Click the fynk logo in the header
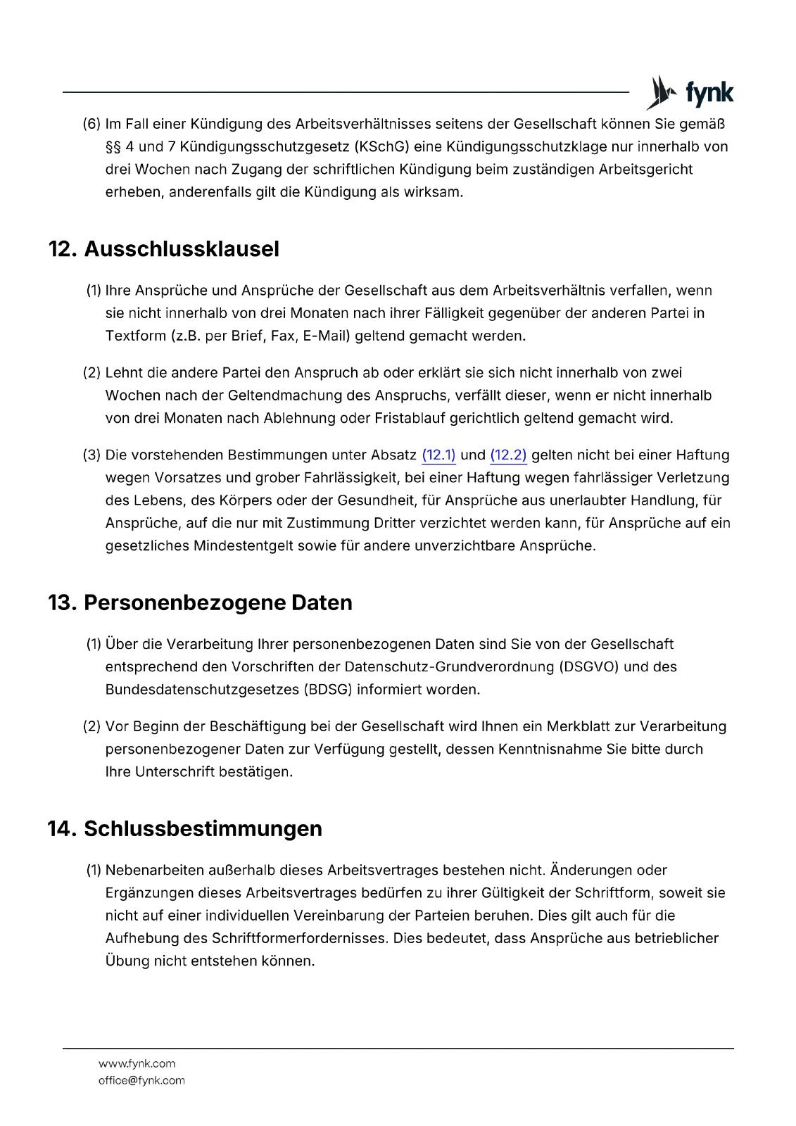coord(690,93)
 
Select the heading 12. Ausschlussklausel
coord(163,249)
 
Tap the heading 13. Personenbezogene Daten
coord(200,603)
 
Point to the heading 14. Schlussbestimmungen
coord(184,829)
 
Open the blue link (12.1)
coord(438,455)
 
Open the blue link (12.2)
coord(508,455)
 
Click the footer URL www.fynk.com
coord(137,1063)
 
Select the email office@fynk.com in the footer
coord(141,1080)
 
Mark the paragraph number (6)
coord(91,124)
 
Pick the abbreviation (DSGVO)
coord(589,667)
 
